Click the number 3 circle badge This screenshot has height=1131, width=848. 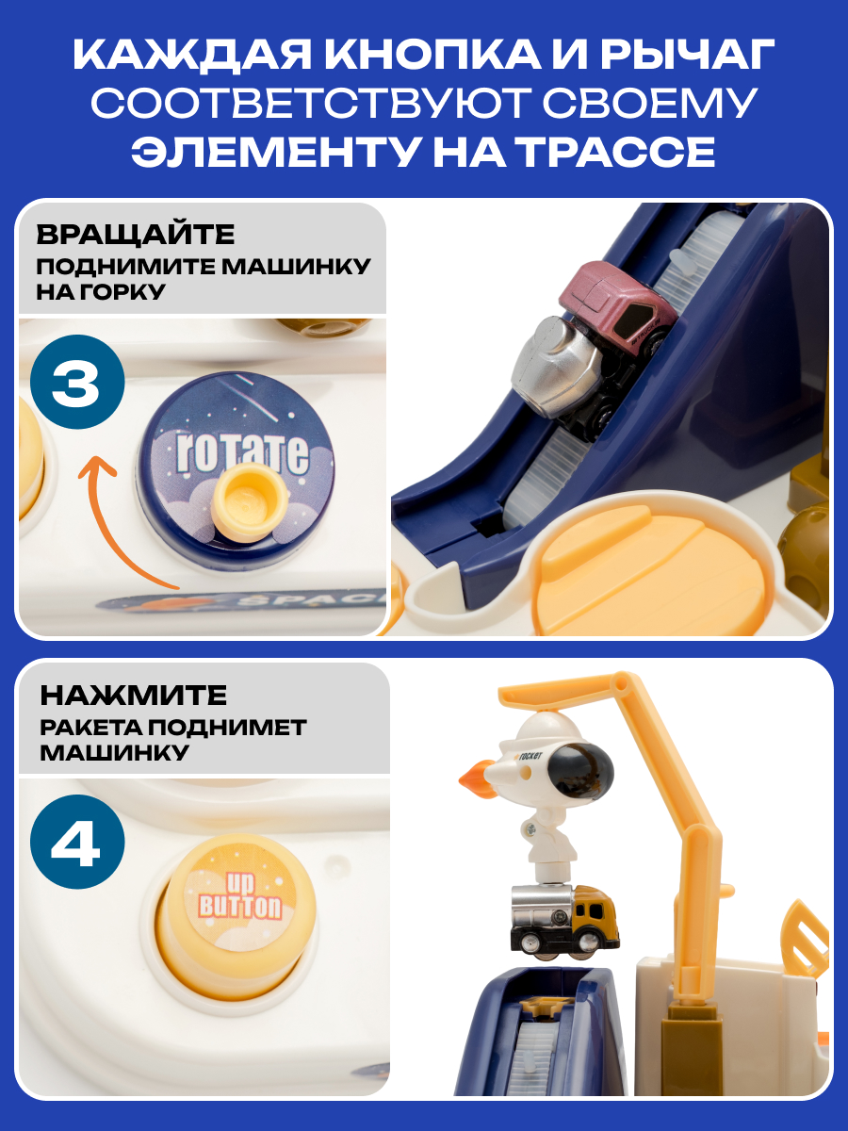77,382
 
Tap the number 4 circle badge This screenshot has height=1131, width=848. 77,842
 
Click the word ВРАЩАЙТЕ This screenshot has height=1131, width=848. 136,236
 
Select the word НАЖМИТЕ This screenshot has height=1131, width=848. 134,696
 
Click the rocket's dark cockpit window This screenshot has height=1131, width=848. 584,771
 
